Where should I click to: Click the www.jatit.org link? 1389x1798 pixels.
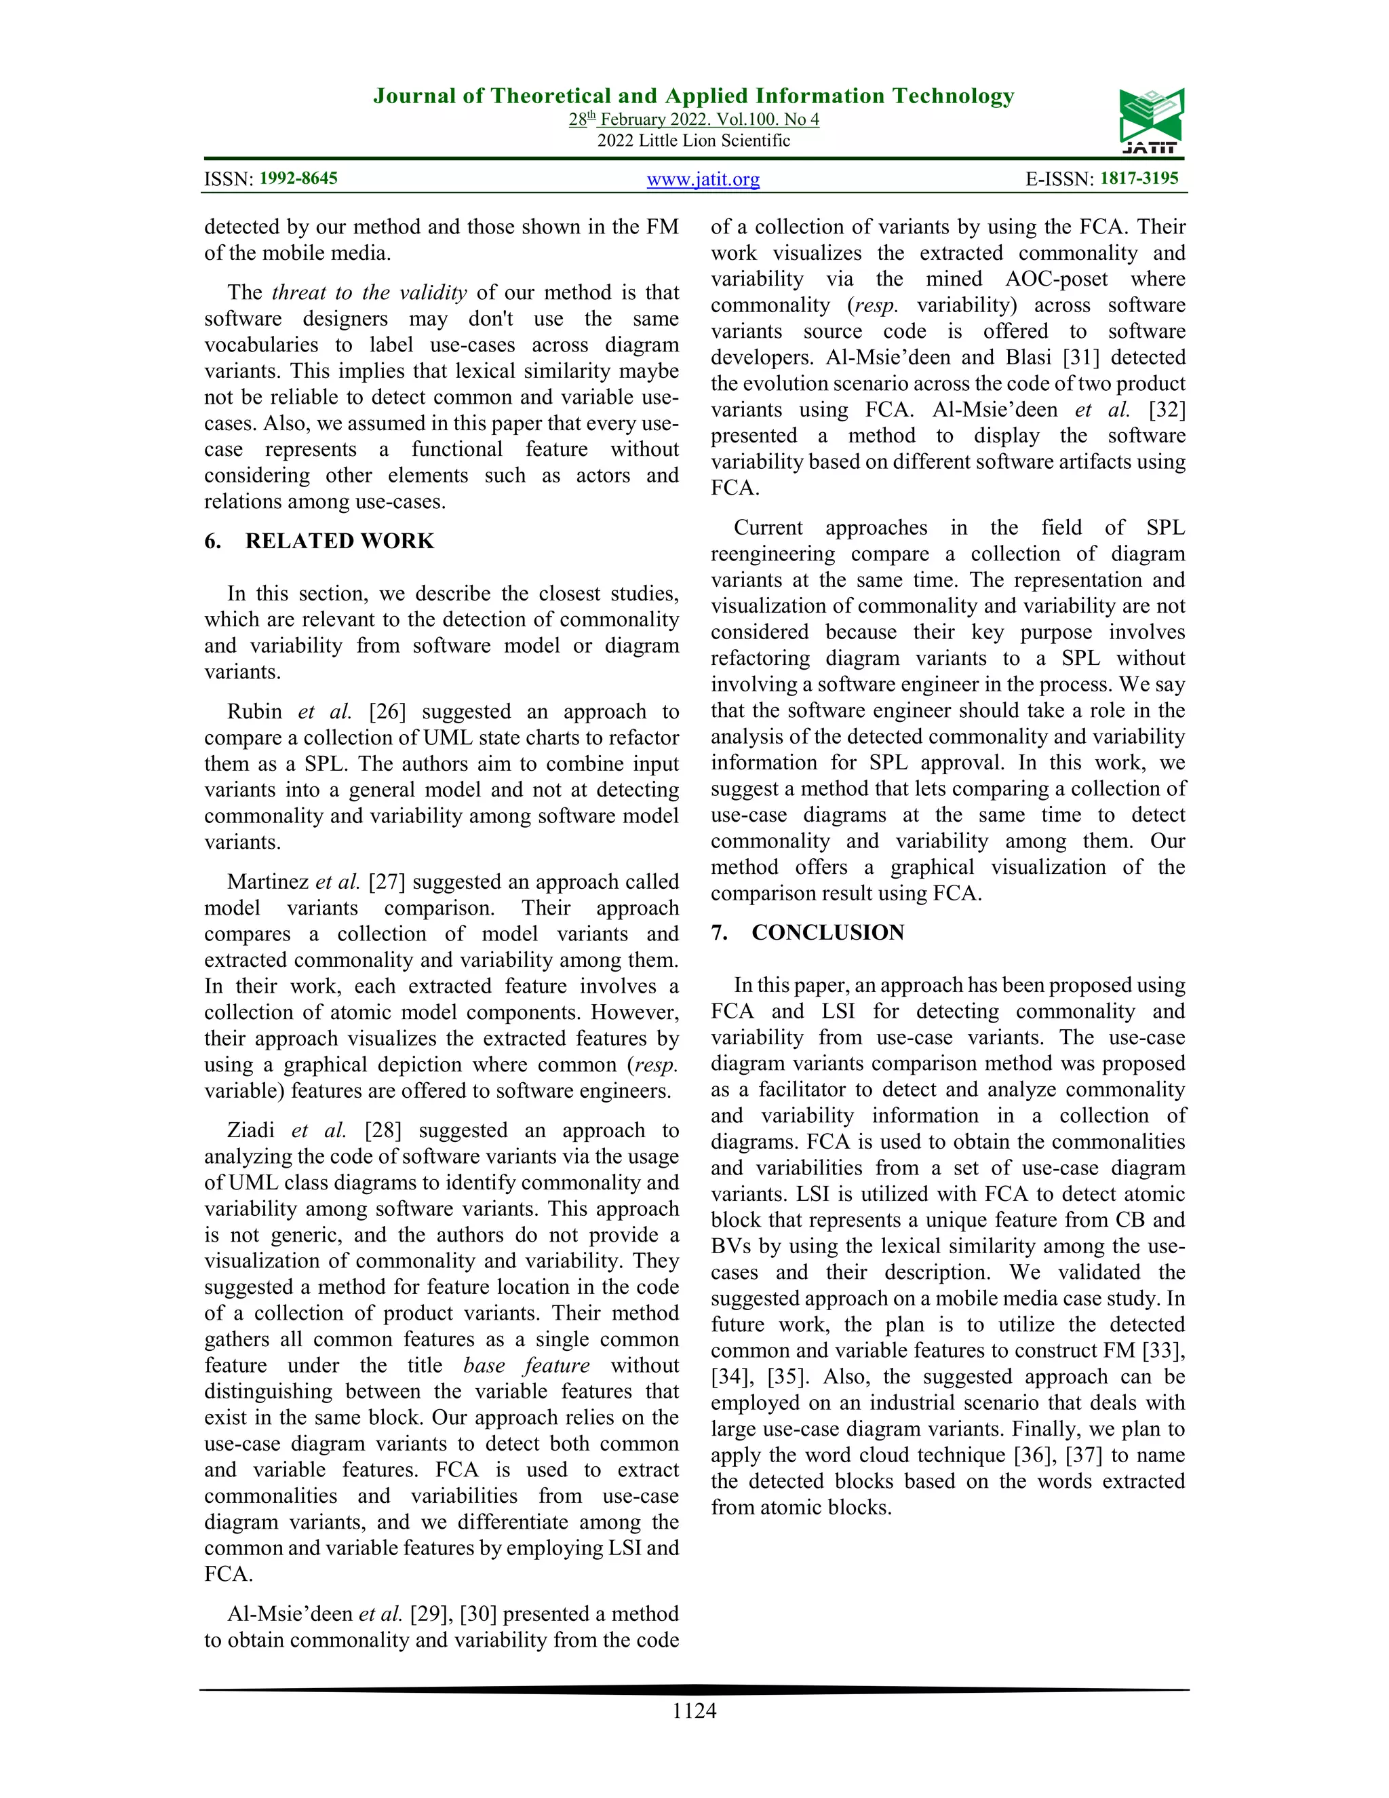703,180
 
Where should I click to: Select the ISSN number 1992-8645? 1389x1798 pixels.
298,178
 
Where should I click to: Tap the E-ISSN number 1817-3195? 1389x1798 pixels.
1139,178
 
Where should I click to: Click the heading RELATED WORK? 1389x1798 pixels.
339,541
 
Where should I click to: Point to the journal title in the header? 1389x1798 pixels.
694,96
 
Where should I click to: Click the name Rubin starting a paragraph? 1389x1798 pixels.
254,711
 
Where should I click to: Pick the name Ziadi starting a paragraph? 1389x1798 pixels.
251,1130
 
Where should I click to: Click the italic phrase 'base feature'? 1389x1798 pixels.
526,1365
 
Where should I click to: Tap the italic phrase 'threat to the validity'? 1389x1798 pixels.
369,292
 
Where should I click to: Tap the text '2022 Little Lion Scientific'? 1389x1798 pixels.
694,140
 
